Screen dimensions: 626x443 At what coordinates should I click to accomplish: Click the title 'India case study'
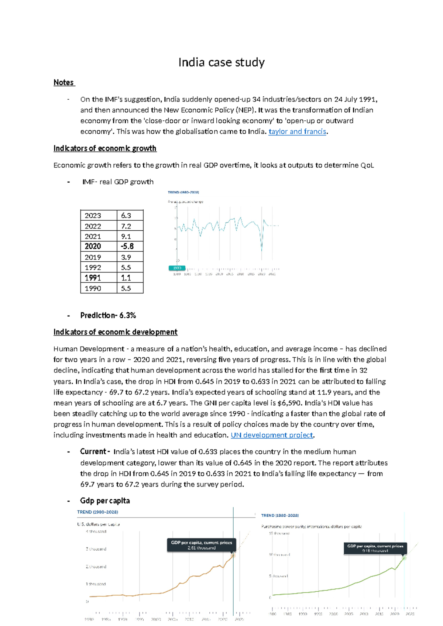tap(221, 62)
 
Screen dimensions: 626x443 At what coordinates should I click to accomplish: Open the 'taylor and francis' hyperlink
tap(297, 131)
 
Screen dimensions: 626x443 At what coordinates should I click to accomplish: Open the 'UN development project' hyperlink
tap(272, 435)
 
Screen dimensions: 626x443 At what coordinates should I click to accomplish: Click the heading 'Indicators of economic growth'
tap(105, 148)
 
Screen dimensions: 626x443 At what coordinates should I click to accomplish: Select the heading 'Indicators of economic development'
tap(115, 332)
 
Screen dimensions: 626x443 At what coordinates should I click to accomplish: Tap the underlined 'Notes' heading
tap(63, 83)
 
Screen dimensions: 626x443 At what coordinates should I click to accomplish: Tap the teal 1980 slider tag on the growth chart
tap(177, 268)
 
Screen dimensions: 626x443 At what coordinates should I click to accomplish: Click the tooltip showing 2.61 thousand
tap(201, 545)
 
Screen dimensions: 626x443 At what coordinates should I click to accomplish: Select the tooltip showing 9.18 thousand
tap(375, 548)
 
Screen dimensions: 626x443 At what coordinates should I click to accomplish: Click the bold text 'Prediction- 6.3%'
tap(108, 316)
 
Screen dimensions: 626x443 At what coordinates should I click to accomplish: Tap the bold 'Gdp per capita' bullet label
tap(105, 501)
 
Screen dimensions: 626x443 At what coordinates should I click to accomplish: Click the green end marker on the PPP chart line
tap(404, 558)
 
